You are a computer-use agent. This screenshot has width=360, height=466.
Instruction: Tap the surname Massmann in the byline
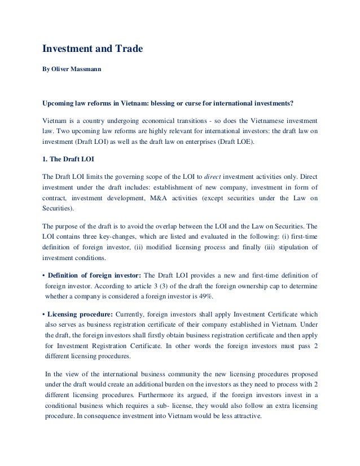(x=82, y=73)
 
